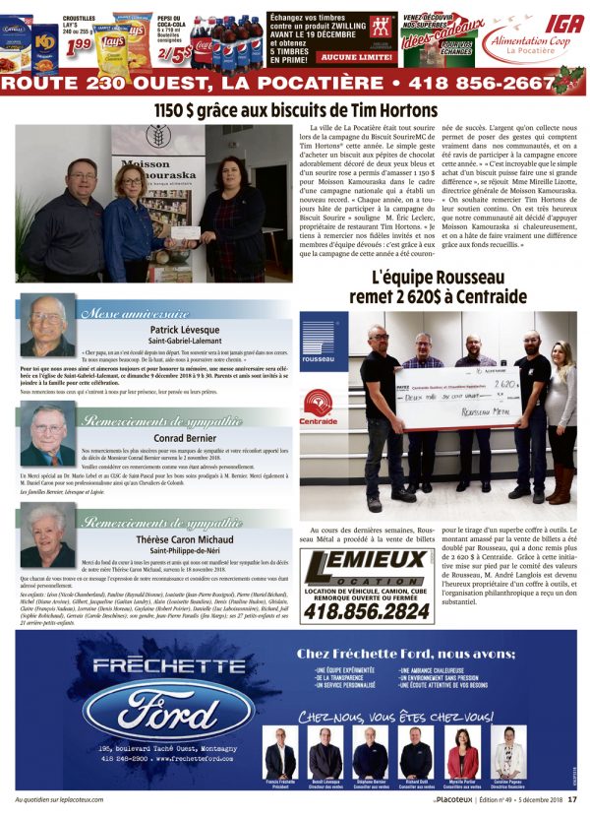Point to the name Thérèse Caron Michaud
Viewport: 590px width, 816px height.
(x=183, y=540)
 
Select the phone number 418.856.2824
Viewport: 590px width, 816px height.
(x=365, y=610)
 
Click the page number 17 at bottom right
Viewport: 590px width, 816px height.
(x=570, y=798)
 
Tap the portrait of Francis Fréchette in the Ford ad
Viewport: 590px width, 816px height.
(x=280, y=754)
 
